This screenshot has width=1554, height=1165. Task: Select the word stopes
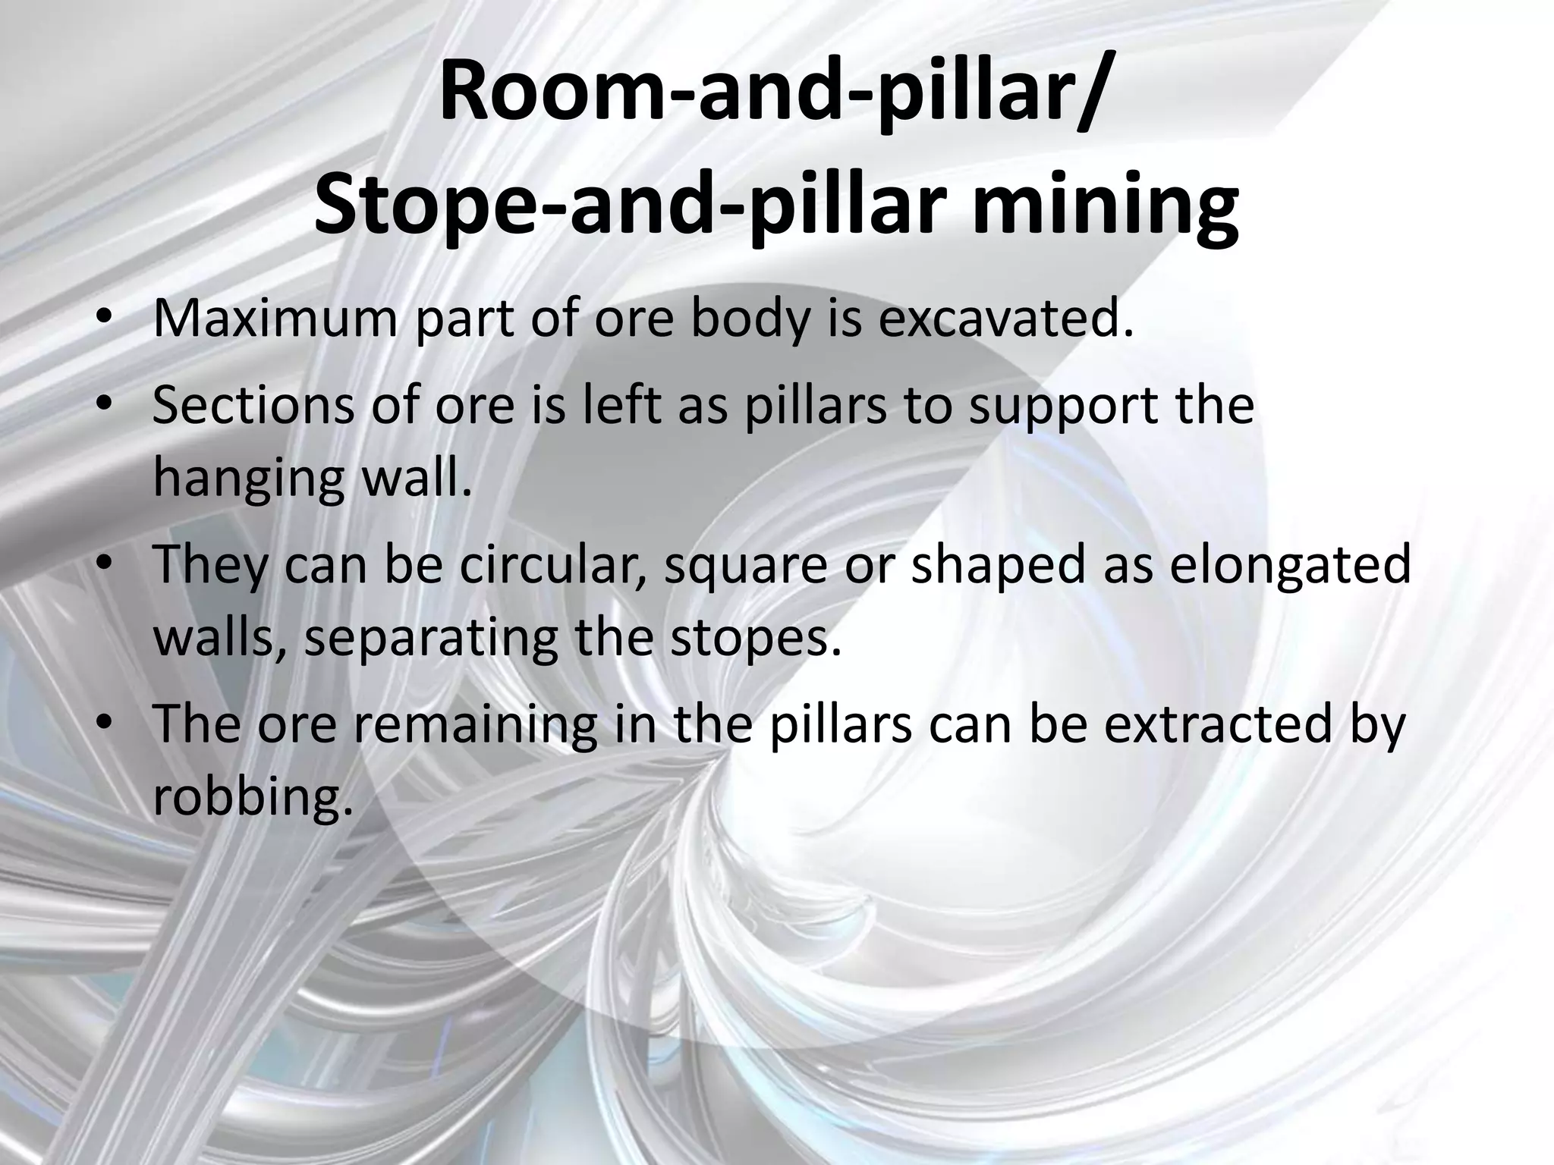pos(755,639)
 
